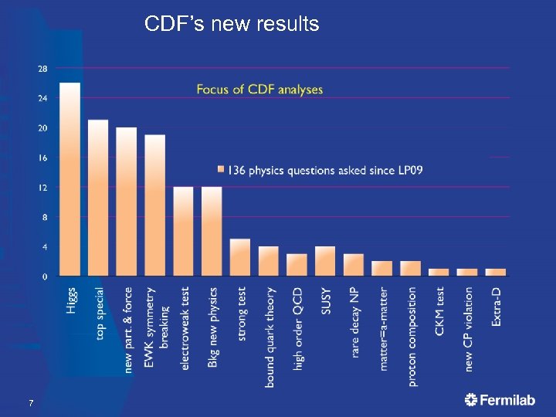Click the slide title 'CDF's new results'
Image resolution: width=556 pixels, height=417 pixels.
coord(232,25)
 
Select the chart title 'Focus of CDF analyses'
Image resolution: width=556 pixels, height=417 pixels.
coord(259,90)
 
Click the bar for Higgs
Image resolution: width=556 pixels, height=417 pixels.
coord(69,179)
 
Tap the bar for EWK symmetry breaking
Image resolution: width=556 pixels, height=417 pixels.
coord(155,205)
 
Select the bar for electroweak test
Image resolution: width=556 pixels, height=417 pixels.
coord(183,232)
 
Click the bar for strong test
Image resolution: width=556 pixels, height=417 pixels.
coord(240,257)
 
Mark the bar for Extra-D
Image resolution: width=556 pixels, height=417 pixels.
coord(496,272)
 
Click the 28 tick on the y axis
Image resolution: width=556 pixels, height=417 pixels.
coord(42,69)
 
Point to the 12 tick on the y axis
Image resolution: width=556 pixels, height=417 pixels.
coord(42,188)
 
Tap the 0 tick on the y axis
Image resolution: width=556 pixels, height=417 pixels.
coord(44,276)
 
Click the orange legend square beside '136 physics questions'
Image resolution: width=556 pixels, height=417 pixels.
coord(221,170)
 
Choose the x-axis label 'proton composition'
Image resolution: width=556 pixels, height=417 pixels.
coord(412,336)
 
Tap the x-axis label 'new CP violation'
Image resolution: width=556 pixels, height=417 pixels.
coord(468,328)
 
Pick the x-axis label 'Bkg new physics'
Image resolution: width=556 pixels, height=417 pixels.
coord(213,327)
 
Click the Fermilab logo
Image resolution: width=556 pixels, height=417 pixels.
coord(501,400)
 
